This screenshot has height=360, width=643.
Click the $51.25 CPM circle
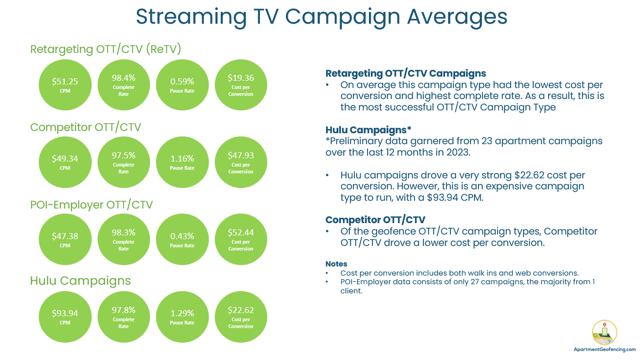(x=65, y=85)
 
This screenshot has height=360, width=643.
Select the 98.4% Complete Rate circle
(x=124, y=85)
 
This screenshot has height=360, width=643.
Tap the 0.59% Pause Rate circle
(x=182, y=85)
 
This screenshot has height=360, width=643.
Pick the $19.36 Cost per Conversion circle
(x=241, y=85)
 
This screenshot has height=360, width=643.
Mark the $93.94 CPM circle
(x=65, y=317)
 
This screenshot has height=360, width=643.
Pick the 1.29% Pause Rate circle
(x=182, y=317)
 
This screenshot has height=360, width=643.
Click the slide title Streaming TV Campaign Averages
(x=321, y=16)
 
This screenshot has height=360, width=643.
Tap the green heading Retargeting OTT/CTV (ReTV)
(x=106, y=49)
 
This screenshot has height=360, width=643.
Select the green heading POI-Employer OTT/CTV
(x=91, y=204)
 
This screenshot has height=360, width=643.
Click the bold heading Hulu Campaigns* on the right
(x=368, y=130)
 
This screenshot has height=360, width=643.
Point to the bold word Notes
(x=336, y=264)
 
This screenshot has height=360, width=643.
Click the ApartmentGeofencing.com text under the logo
(x=604, y=349)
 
